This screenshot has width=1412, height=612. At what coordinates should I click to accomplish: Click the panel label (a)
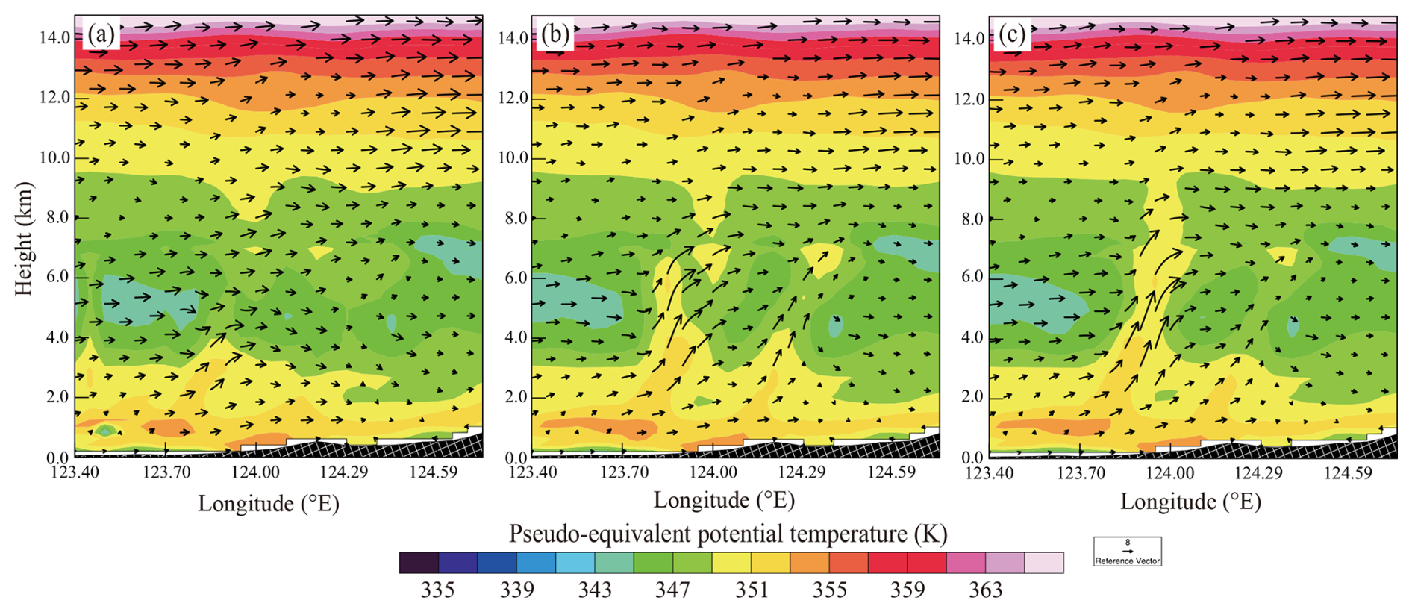[x=101, y=34]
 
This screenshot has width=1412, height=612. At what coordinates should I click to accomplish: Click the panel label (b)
[x=555, y=34]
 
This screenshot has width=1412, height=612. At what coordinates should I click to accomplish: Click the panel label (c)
[x=1011, y=35]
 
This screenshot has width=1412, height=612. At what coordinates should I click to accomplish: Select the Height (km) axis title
[x=24, y=239]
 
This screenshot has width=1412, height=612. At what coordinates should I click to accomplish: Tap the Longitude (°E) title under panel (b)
[x=724, y=500]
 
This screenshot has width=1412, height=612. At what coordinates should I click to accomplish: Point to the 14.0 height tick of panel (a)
[x=54, y=37]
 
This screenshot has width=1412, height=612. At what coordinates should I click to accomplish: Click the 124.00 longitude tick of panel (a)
[x=255, y=472]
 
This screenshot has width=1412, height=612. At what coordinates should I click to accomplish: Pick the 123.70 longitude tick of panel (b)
[x=624, y=472]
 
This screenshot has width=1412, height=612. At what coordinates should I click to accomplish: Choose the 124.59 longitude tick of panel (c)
[x=1348, y=472]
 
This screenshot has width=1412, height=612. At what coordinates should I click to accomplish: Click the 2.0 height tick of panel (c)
[x=972, y=397]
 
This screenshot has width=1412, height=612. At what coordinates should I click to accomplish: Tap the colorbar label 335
[x=437, y=590]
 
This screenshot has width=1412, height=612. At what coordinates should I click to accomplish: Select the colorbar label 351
[x=752, y=590]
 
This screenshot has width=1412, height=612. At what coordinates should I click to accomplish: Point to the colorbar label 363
[x=985, y=590]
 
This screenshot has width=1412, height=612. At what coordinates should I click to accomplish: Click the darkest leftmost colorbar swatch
[x=419, y=563]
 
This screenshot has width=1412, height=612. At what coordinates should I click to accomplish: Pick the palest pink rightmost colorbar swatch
[x=1043, y=563]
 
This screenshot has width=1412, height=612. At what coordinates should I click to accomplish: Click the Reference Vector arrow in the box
[x=1128, y=551]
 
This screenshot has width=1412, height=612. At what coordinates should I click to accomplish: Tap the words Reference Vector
[x=1128, y=561]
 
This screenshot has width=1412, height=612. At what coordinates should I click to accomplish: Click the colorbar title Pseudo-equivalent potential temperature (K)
[x=728, y=534]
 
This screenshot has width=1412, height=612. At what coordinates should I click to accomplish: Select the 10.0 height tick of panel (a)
[x=54, y=157]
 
